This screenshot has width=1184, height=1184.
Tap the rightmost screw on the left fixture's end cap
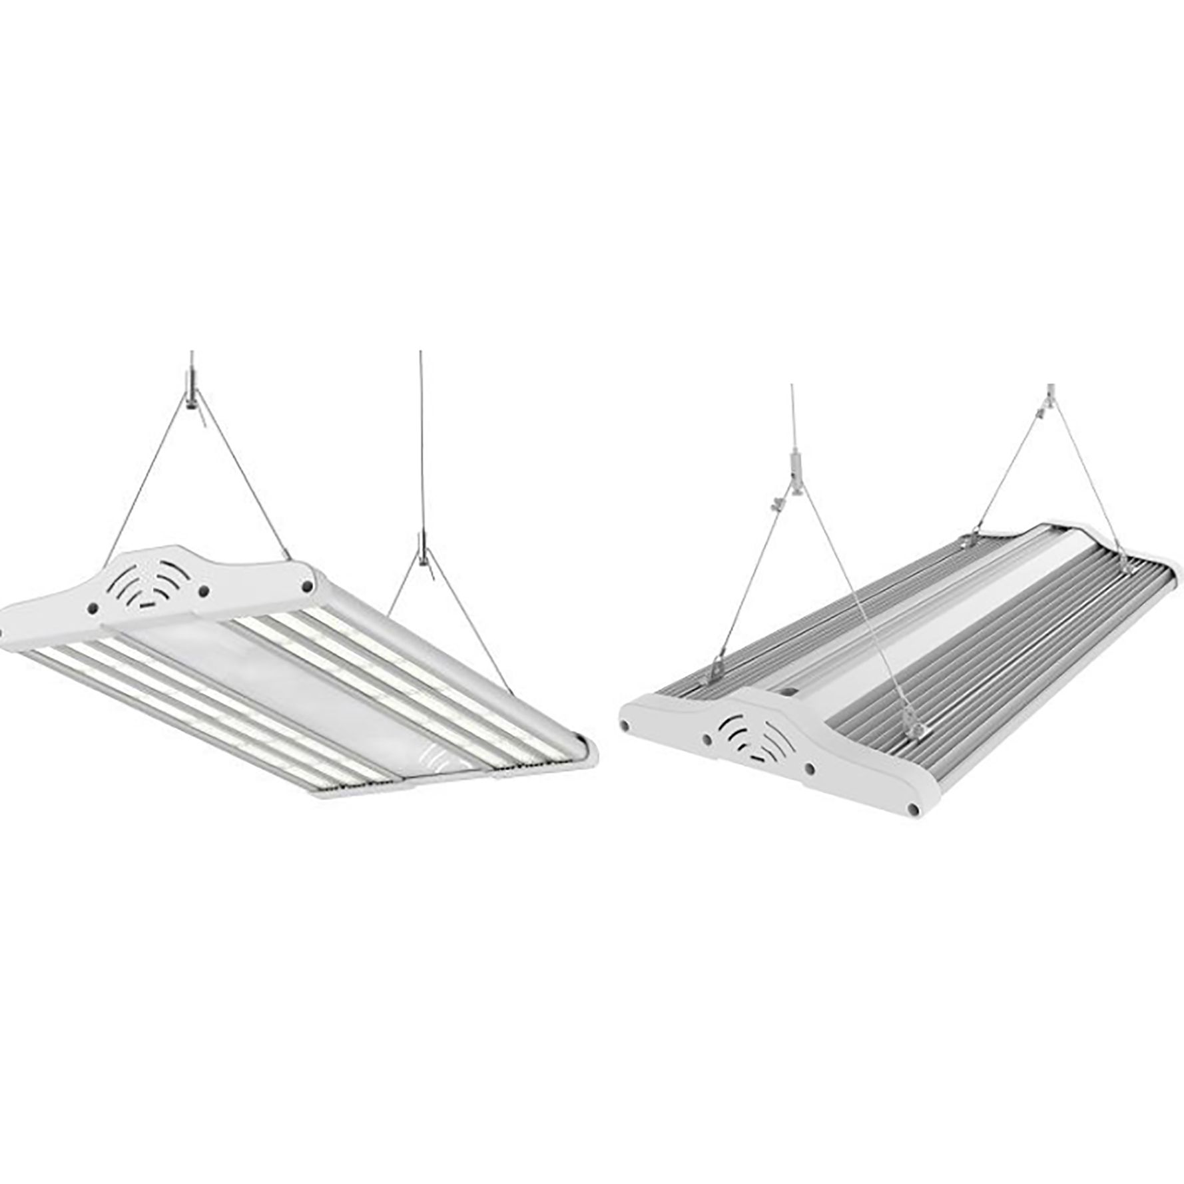point(308,585)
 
